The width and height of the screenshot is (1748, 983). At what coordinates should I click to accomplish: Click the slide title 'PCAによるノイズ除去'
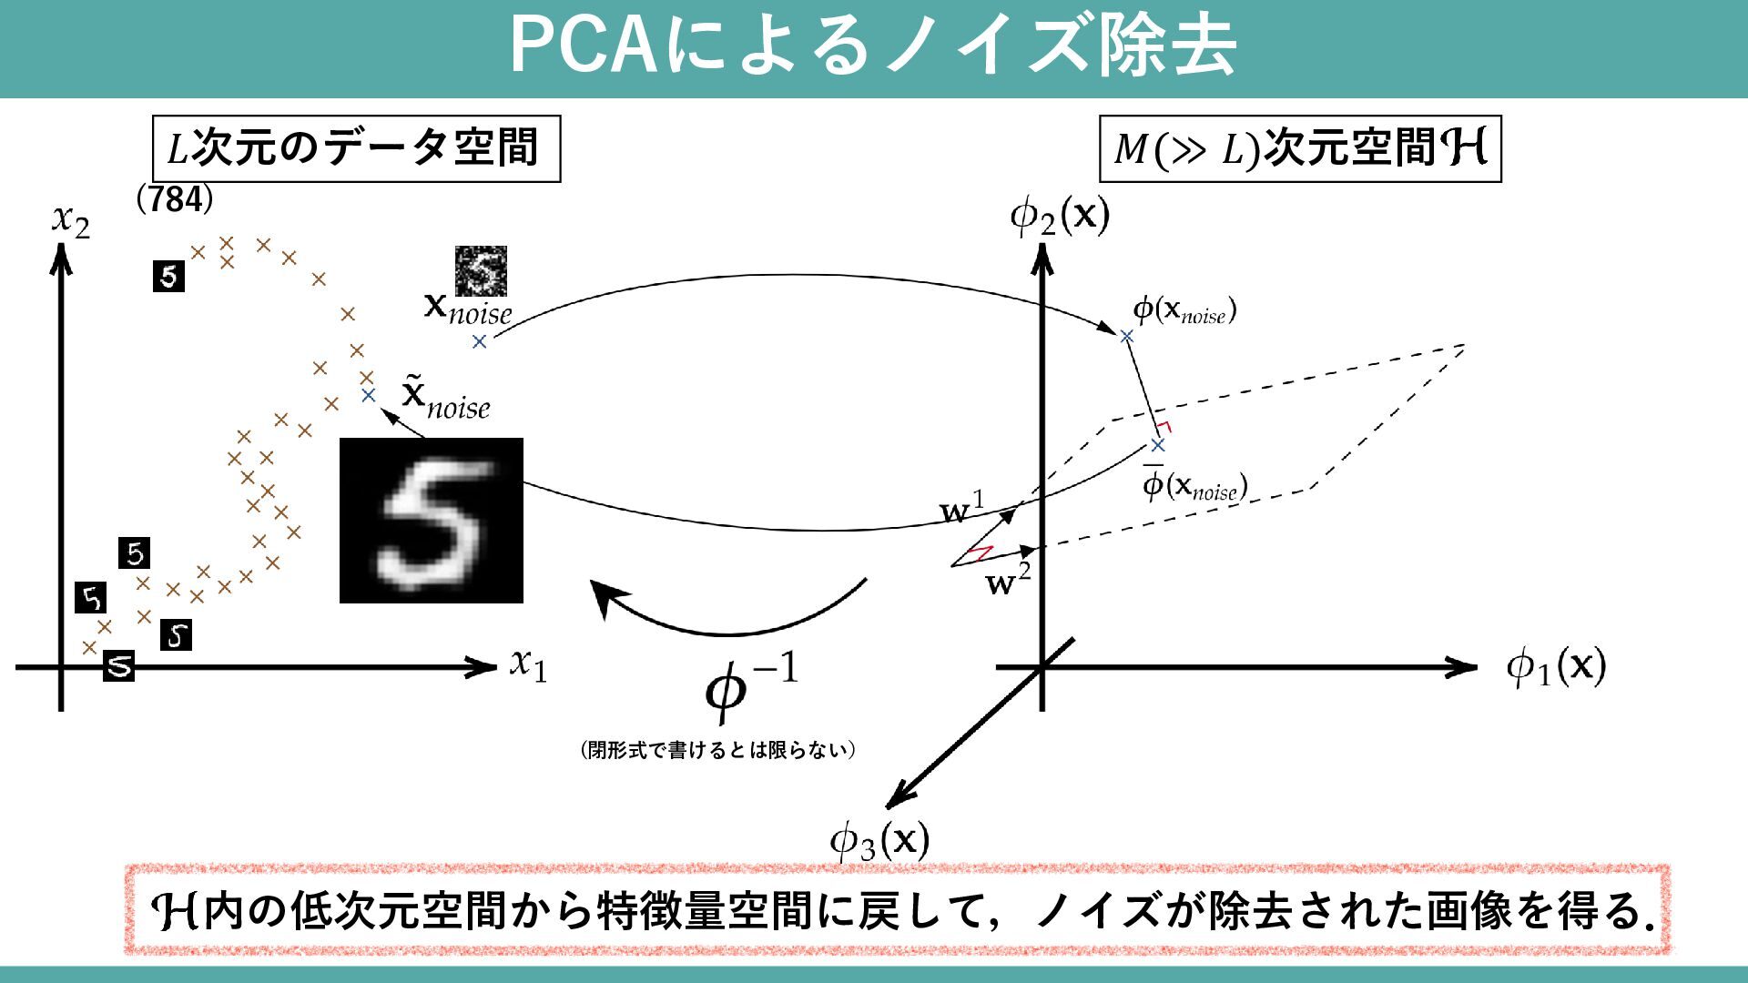pyautogui.click(x=872, y=46)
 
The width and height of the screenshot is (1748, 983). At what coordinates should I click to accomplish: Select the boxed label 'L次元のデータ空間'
pyautogui.click(x=356, y=148)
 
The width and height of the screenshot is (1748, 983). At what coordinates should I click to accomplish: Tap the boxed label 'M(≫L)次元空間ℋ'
pyautogui.click(x=1299, y=148)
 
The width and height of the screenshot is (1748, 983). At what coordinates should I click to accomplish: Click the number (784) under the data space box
pyautogui.click(x=175, y=199)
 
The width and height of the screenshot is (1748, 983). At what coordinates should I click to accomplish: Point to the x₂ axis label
pyautogui.click(x=71, y=220)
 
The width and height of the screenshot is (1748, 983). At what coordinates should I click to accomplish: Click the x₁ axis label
pyautogui.click(x=528, y=664)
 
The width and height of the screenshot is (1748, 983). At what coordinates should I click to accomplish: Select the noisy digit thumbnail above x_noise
pyautogui.click(x=481, y=270)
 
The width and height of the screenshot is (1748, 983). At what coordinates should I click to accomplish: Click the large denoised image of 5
pyautogui.click(x=432, y=521)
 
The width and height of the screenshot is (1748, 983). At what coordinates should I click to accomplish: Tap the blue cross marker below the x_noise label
pyautogui.click(x=479, y=341)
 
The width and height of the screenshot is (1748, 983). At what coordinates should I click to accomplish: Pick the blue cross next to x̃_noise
pyautogui.click(x=368, y=395)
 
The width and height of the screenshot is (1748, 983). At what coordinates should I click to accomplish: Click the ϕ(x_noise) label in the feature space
pyautogui.click(x=1184, y=311)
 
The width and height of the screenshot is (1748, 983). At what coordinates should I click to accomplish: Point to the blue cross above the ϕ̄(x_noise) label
pyautogui.click(x=1157, y=445)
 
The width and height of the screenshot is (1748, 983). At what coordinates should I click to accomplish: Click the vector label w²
pyautogui.click(x=1009, y=581)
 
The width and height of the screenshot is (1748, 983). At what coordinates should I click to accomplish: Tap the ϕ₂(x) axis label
pyautogui.click(x=1060, y=217)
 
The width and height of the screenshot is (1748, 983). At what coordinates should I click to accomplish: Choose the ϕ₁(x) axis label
pyautogui.click(x=1556, y=666)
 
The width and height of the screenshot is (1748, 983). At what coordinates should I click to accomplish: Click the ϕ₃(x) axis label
pyautogui.click(x=879, y=840)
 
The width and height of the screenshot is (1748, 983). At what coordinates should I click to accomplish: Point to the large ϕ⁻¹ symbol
pyautogui.click(x=750, y=690)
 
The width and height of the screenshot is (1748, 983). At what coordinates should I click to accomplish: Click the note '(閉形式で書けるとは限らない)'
pyautogui.click(x=717, y=750)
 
